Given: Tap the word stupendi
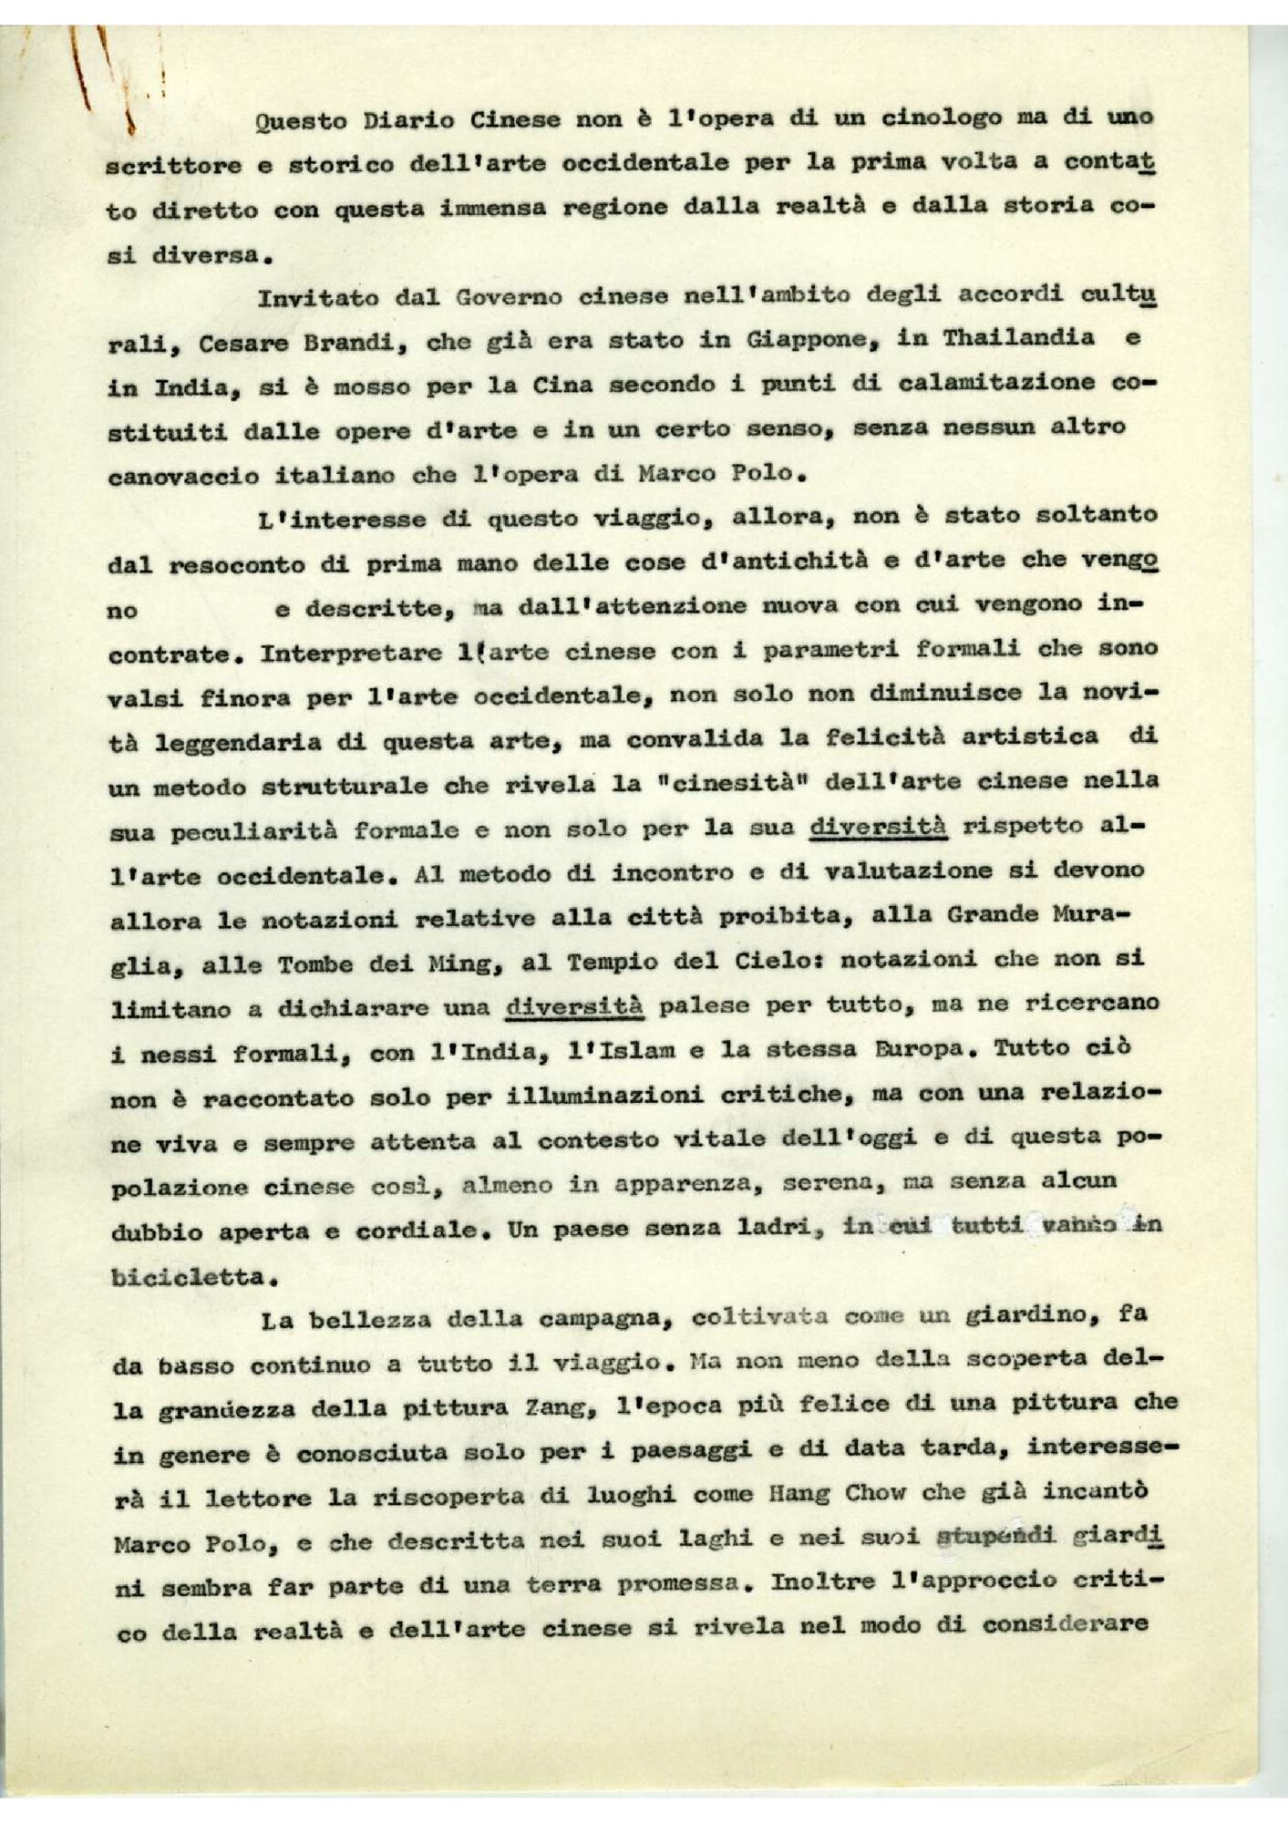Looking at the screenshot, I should click(995, 1538).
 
